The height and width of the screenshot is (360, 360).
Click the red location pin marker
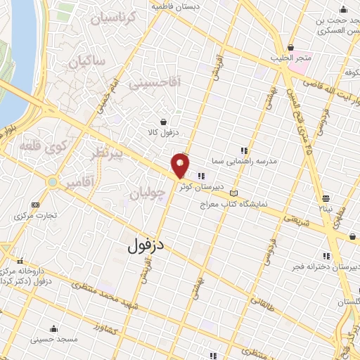point(181,166)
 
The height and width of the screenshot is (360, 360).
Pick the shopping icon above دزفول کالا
point(163,120)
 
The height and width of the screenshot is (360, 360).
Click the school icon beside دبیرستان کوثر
point(201,176)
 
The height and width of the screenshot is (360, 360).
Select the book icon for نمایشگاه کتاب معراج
point(234,193)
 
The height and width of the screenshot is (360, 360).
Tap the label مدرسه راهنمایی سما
point(248,160)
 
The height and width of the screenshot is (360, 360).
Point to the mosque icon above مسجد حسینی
point(53,328)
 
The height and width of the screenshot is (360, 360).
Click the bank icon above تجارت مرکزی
point(36,205)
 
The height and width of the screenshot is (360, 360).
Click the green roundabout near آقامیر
point(52,181)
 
